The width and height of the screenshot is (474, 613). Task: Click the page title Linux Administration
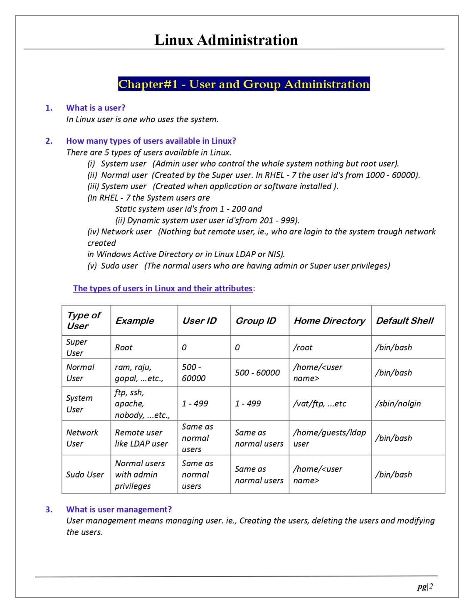tap(226, 40)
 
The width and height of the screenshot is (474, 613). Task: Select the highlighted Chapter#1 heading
tap(244, 84)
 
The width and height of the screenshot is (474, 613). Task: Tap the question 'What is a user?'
tap(96, 108)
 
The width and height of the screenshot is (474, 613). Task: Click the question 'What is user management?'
tap(119, 509)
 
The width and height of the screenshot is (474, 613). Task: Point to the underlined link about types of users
tap(163, 288)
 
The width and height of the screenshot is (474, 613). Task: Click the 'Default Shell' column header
tap(405, 320)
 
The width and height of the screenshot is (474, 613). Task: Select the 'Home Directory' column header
tap(329, 320)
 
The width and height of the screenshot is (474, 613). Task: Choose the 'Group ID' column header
tap(256, 320)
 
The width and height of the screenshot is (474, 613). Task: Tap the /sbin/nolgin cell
tap(398, 403)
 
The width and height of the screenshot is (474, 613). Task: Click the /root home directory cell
tap(303, 347)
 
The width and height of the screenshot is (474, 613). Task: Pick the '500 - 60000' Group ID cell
tap(257, 372)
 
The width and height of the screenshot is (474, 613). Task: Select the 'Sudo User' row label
tap(85, 474)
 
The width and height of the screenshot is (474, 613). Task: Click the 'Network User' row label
tap(82, 438)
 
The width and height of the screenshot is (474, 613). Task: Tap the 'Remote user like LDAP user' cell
tap(141, 438)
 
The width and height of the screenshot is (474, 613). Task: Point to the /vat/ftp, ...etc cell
tap(319, 403)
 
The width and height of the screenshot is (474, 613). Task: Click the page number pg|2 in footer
tap(425, 586)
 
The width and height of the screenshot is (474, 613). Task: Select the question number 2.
tap(49, 141)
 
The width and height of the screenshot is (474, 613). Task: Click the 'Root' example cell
tap(123, 347)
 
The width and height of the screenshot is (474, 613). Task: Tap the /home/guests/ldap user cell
tap(329, 438)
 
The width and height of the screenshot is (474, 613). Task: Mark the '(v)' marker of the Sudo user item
tap(92, 266)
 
